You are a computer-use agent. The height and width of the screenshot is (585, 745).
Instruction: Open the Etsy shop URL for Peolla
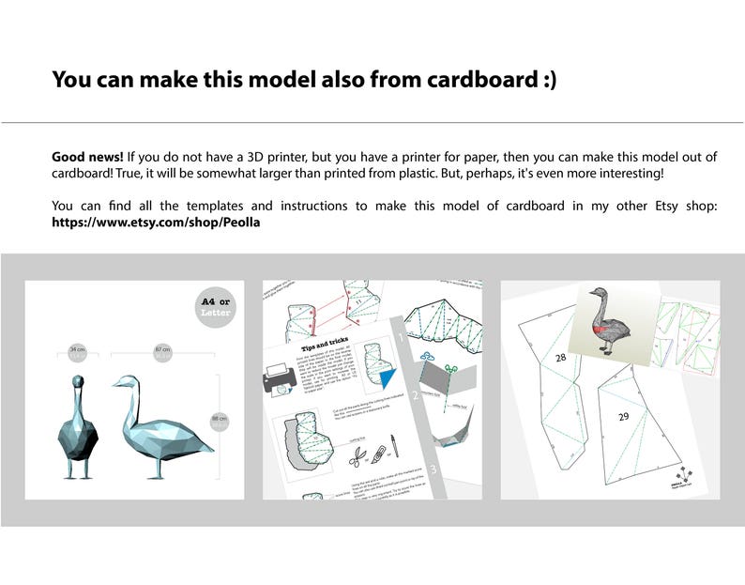[x=156, y=223]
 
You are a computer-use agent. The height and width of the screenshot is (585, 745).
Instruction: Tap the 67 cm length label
[x=162, y=349]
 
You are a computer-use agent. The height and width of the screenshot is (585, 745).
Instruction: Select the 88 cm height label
[x=220, y=420]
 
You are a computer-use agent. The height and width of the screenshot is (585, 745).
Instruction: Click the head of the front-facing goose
[x=77, y=384]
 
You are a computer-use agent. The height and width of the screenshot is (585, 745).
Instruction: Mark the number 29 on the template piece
[x=624, y=414]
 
